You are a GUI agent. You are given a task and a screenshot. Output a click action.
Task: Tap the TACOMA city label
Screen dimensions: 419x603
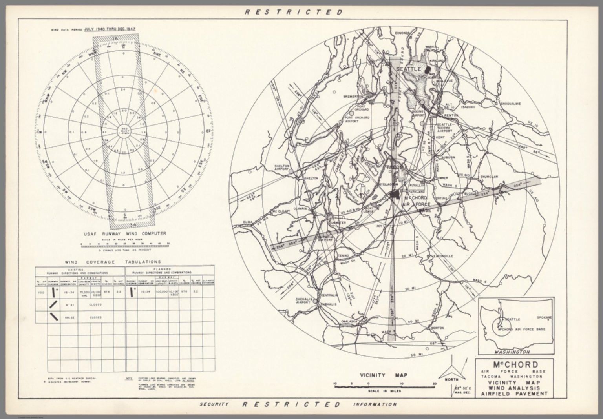tap(397, 168)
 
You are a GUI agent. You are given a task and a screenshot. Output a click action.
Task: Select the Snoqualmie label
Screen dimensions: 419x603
tap(511, 104)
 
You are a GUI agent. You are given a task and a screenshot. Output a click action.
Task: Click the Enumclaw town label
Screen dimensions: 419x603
tap(489, 177)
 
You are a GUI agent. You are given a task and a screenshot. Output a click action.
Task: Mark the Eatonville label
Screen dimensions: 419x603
tap(443, 256)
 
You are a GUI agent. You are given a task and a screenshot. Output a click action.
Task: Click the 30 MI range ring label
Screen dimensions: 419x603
tap(410, 289)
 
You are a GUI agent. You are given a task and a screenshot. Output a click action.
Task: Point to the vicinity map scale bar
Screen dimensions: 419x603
tap(384, 387)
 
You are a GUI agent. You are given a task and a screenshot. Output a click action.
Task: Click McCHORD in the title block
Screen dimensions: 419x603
tap(513, 365)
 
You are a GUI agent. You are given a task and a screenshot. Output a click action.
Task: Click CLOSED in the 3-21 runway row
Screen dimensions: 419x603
tap(95, 304)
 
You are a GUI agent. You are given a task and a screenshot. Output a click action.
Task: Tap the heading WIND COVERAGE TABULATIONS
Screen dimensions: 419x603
tap(113, 262)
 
